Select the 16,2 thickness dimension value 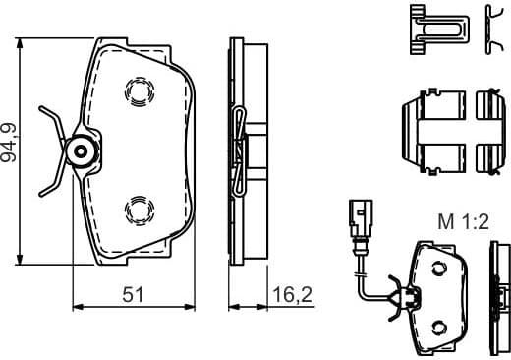(x=286, y=292)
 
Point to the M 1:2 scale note (x=461, y=222)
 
